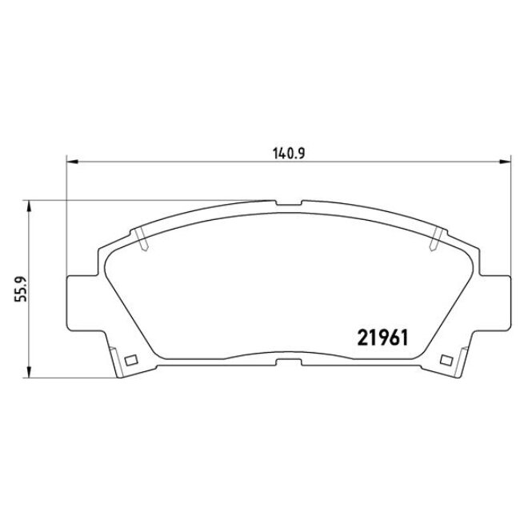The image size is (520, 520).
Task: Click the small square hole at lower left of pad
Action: (133, 358)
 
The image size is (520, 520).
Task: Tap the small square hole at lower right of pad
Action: (445, 358)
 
